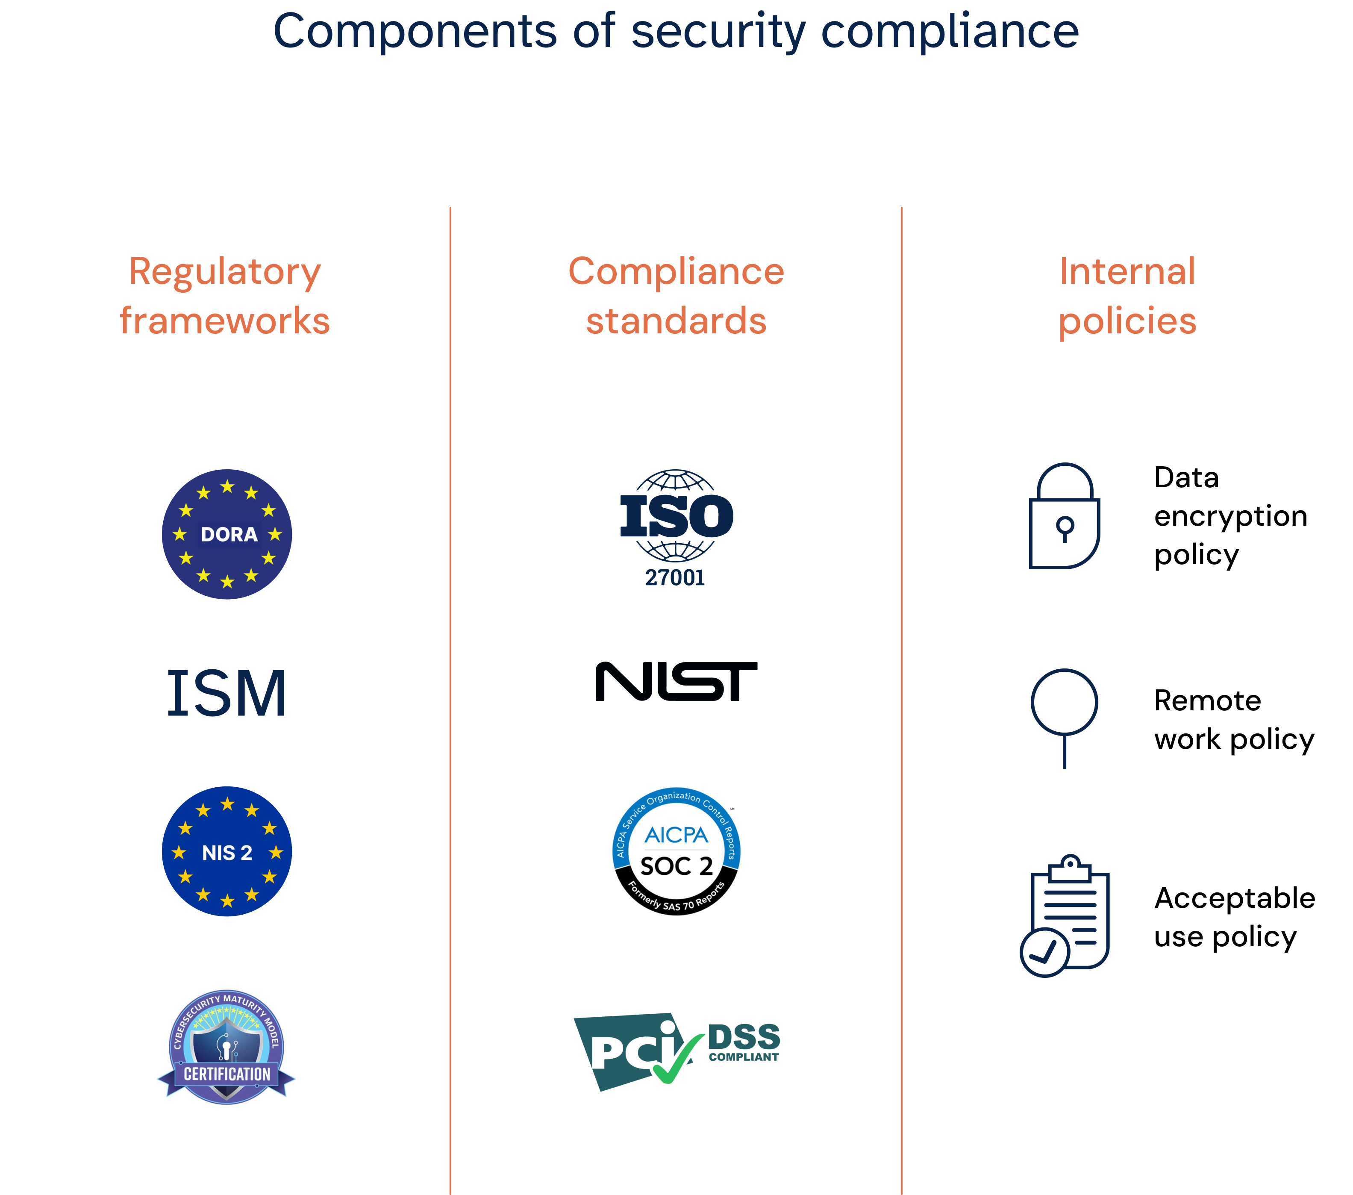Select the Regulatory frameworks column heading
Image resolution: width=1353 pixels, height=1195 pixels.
click(225, 295)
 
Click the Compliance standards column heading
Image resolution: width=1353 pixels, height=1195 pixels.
click(676, 295)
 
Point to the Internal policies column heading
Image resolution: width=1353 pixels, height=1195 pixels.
click(1127, 295)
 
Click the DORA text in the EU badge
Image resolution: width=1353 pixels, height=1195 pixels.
click(229, 534)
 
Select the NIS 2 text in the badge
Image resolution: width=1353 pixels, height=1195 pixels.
click(227, 853)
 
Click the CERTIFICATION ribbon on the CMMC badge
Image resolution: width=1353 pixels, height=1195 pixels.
click(227, 1074)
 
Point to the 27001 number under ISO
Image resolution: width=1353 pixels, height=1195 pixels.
click(675, 578)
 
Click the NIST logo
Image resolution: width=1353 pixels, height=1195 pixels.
click(676, 684)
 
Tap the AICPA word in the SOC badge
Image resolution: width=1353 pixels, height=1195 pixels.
click(676, 836)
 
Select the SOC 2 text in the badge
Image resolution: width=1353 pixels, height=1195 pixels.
click(676, 866)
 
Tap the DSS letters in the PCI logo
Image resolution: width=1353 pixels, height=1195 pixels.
click(744, 1037)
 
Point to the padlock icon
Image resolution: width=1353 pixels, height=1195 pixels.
click(1065, 516)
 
